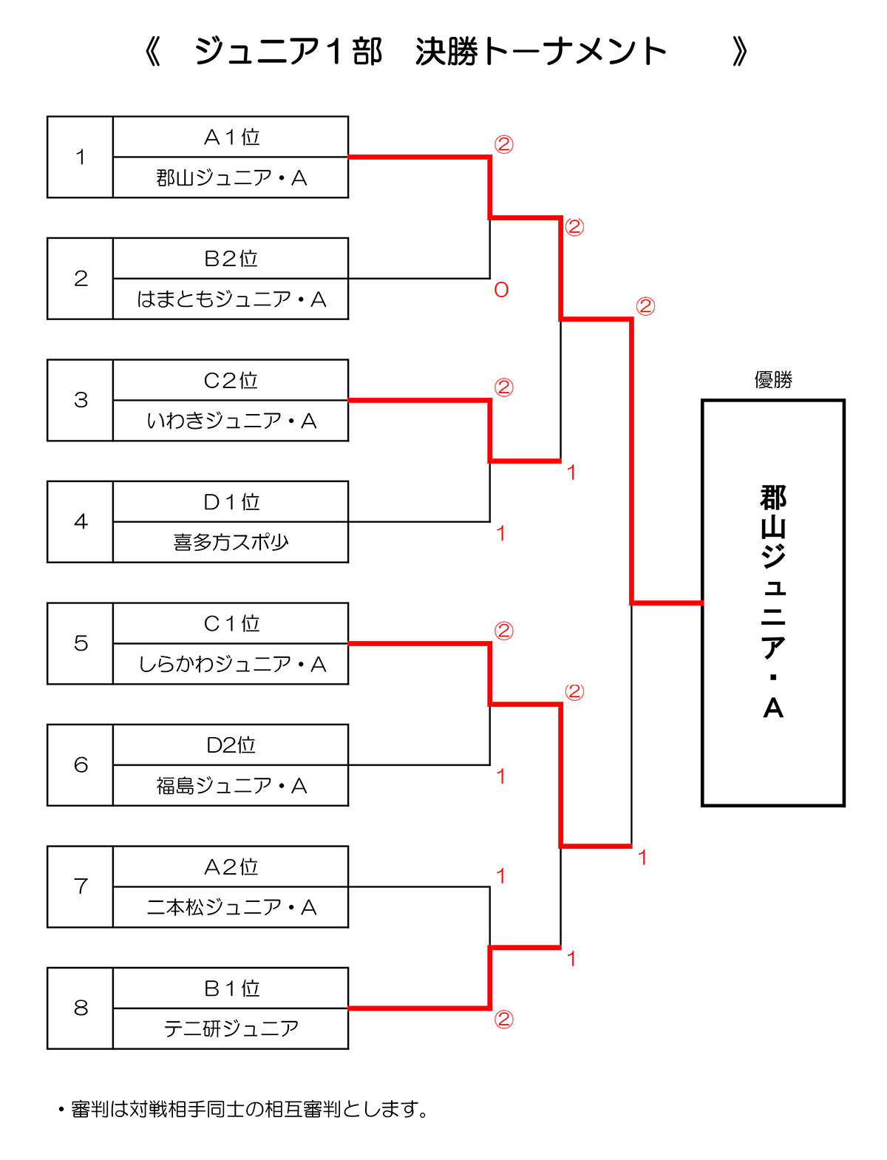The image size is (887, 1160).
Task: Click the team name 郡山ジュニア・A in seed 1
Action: pyautogui.click(x=231, y=178)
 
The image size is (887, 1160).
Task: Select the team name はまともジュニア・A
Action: pyautogui.click(x=231, y=299)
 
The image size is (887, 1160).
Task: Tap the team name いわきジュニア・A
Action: pyautogui.click(x=231, y=421)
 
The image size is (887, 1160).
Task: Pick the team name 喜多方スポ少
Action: pyautogui.click(x=231, y=543)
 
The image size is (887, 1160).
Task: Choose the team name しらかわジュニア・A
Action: pyautogui.click(x=231, y=665)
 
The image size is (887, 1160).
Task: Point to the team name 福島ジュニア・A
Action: pyautogui.click(x=231, y=786)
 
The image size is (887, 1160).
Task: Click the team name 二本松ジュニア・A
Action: pyautogui.click(x=231, y=907)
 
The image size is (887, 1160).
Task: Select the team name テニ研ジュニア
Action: pyautogui.click(x=231, y=1028)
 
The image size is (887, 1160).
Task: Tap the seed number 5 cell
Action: pyautogui.click(x=81, y=643)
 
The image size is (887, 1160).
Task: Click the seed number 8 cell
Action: pyautogui.click(x=81, y=1008)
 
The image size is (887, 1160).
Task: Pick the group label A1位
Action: pyautogui.click(x=231, y=138)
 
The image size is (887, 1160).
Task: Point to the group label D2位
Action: pyautogui.click(x=231, y=745)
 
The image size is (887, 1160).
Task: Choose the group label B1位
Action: pyautogui.click(x=231, y=988)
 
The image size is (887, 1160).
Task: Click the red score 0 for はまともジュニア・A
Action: pyautogui.click(x=501, y=290)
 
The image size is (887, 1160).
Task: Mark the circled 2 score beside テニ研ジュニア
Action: pyautogui.click(x=503, y=1020)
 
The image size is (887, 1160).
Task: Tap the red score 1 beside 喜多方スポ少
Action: pyautogui.click(x=500, y=533)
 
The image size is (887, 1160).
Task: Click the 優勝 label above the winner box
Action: pyautogui.click(x=773, y=380)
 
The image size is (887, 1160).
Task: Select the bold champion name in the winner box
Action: pyautogui.click(x=773, y=602)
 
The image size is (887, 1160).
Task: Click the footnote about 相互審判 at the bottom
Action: pyautogui.click(x=244, y=1109)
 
